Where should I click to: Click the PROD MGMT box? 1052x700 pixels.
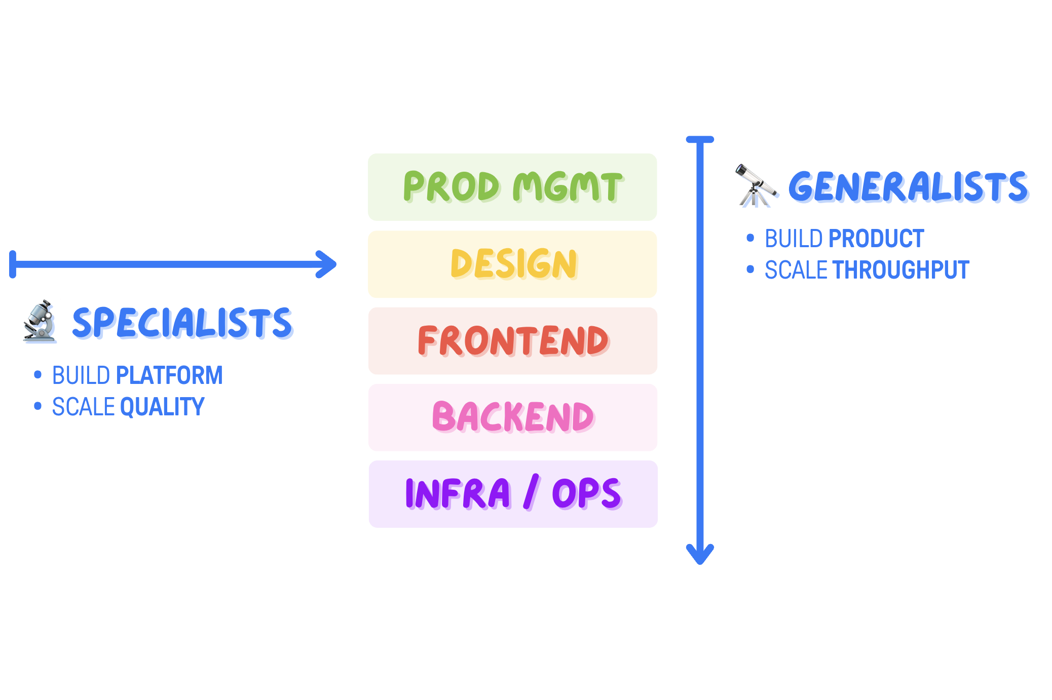512,187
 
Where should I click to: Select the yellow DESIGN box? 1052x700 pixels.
512,264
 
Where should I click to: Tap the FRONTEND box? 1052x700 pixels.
512,341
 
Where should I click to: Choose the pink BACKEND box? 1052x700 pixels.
512,417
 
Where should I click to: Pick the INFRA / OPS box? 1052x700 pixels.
513,494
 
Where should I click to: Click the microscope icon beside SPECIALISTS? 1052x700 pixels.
40,322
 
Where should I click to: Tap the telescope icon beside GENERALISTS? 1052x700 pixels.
755,186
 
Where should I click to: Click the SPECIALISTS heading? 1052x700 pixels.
182,323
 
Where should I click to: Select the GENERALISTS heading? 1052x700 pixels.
908,187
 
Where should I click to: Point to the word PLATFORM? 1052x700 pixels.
169,375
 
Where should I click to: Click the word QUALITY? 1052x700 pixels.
162,407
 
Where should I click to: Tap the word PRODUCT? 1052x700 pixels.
876,239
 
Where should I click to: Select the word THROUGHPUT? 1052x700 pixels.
901,270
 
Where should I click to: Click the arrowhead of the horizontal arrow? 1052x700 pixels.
328,264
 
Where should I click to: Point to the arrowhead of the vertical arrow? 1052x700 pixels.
700,556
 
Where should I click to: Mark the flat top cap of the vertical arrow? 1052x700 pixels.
700,139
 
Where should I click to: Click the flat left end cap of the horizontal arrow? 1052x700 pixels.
13,264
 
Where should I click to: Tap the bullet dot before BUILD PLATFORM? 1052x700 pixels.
37,375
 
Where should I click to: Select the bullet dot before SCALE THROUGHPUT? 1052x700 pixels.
750,269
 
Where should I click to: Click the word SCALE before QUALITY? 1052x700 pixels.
84,407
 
